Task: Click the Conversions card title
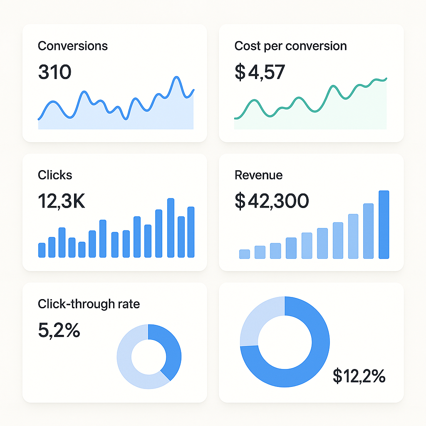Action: [x=73, y=46]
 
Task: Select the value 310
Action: [x=54, y=72]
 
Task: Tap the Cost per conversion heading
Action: [x=290, y=46]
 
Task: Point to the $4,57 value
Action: [x=260, y=72]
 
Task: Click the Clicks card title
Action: [x=55, y=175]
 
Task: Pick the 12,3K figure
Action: [x=61, y=201]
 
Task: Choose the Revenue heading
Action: [x=258, y=175]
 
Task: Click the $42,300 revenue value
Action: [x=272, y=201]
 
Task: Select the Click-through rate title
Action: [x=89, y=304]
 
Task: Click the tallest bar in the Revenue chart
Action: [x=384, y=225]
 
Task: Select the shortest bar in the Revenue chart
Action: [x=245, y=254]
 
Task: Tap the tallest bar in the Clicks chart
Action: [x=171, y=228]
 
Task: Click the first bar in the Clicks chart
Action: [x=42, y=250]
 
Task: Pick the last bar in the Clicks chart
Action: [x=191, y=232]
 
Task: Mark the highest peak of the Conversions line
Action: [x=177, y=77]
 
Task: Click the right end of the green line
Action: [x=386, y=78]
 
